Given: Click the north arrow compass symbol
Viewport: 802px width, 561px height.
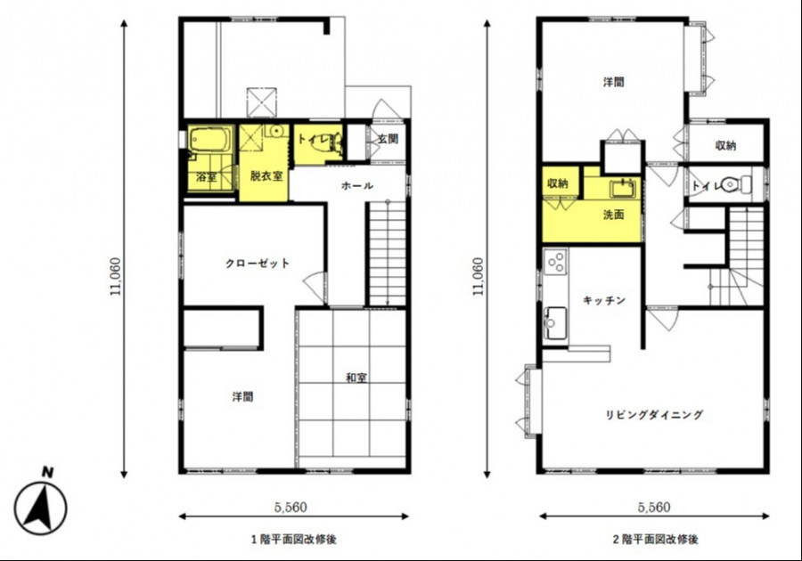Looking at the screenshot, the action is click(x=40, y=503).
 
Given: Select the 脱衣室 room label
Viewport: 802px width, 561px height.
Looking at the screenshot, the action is click(x=266, y=175).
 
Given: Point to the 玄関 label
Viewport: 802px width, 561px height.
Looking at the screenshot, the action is click(x=389, y=138).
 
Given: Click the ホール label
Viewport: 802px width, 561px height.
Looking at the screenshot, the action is click(x=357, y=185).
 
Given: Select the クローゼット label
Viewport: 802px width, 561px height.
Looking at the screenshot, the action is click(x=258, y=264).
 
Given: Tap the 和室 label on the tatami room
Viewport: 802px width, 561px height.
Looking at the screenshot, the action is click(x=356, y=378).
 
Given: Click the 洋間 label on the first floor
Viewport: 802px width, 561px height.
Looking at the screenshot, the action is click(x=243, y=396).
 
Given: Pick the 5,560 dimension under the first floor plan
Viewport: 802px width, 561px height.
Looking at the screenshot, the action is click(x=291, y=507).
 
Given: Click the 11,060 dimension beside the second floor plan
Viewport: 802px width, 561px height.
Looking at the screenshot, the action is click(x=478, y=276).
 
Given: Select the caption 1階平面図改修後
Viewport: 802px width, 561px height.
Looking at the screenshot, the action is click(x=293, y=539).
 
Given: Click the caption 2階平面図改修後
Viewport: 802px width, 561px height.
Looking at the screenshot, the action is click(x=655, y=539).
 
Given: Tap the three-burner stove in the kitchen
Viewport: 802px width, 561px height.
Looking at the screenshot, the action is click(x=555, y=262).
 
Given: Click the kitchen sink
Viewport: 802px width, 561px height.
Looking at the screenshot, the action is click(x=555, y=323).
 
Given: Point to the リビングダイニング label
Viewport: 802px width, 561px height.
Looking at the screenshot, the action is click(x=654, y=414).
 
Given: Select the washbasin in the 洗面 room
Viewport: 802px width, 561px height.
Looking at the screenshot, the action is click(x=623, y=189).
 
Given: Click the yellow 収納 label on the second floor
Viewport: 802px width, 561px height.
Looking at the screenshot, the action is click(x=558, y=183).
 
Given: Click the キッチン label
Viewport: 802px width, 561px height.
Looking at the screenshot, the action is click(x=604, y=300).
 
